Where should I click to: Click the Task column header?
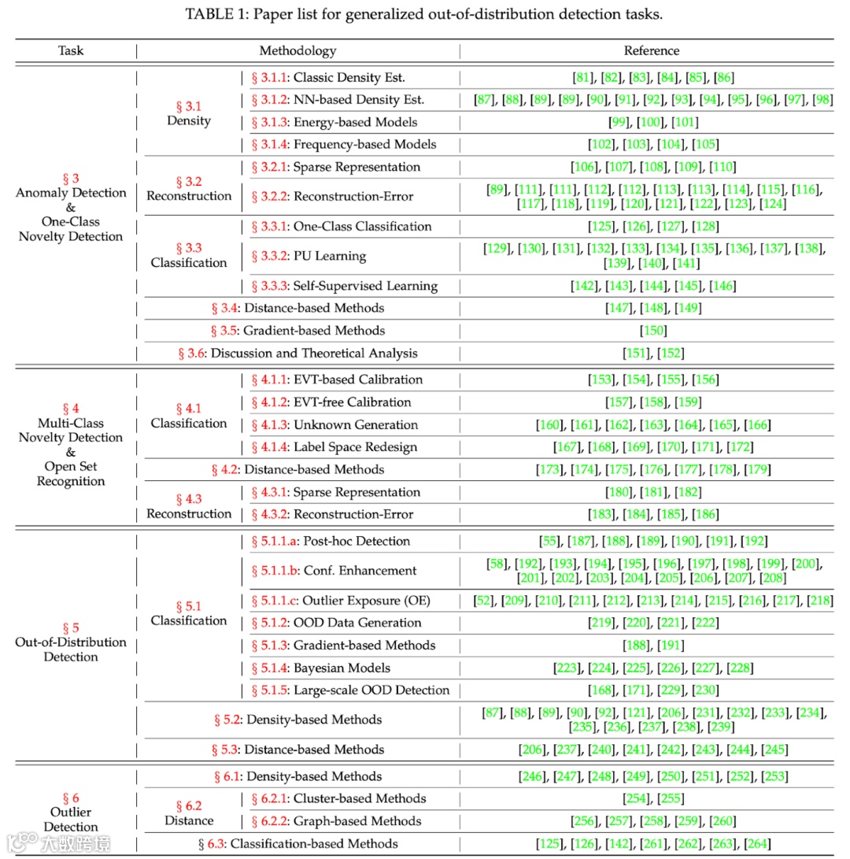click(x=71, y=50)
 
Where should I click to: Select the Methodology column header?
click(x=297, y=50)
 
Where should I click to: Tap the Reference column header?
click(x=651, y=50)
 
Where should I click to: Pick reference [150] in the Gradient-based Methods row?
click(x=652, y=330)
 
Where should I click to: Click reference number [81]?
click(x=583, y=77)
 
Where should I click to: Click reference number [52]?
click(x=483, y=601)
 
